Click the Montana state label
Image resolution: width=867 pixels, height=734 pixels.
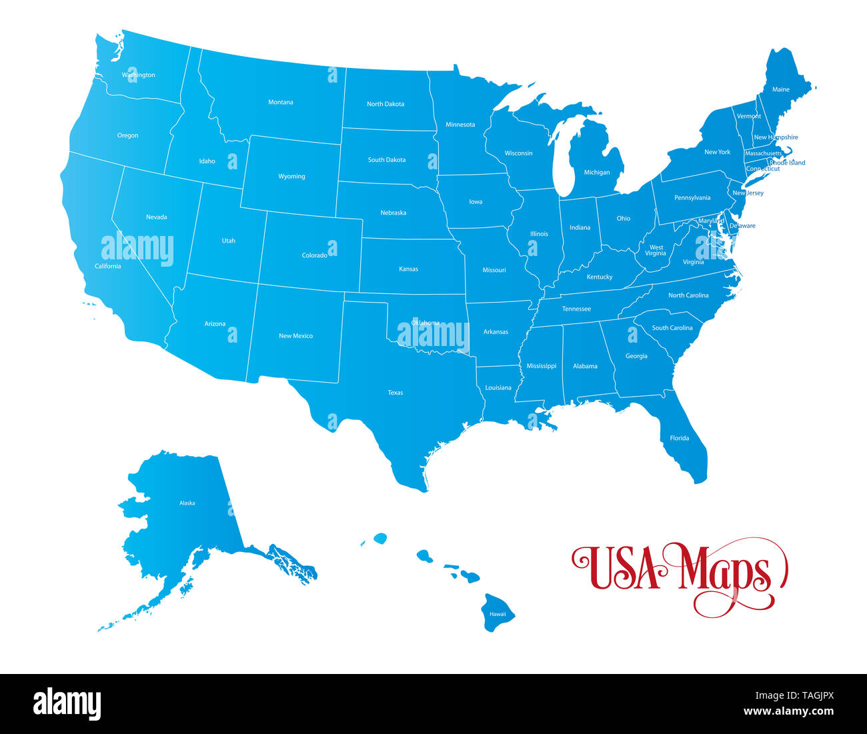coord(280,103)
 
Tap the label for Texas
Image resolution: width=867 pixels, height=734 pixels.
coord(395,393)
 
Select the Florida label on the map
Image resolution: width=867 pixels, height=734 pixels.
coord(679,438)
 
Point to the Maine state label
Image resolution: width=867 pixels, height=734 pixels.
coord(780,89)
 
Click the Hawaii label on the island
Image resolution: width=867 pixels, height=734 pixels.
coord(498,614)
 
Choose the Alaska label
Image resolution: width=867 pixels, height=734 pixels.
coord(187,503)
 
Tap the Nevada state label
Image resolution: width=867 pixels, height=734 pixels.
coord(156,217)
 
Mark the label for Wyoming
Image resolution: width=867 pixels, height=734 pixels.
coord(291,177)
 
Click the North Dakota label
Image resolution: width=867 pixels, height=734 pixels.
coord(385,104)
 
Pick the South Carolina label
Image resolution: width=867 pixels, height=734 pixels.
coord(672,328)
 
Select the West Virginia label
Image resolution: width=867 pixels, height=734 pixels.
coord(656,251)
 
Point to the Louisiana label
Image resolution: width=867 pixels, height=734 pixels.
coord(498,388)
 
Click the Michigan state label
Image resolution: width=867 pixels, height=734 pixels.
coord(596,173)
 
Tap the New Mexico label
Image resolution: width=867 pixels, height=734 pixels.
coord(295,336)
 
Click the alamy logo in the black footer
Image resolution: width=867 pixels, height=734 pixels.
coord(67,704)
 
